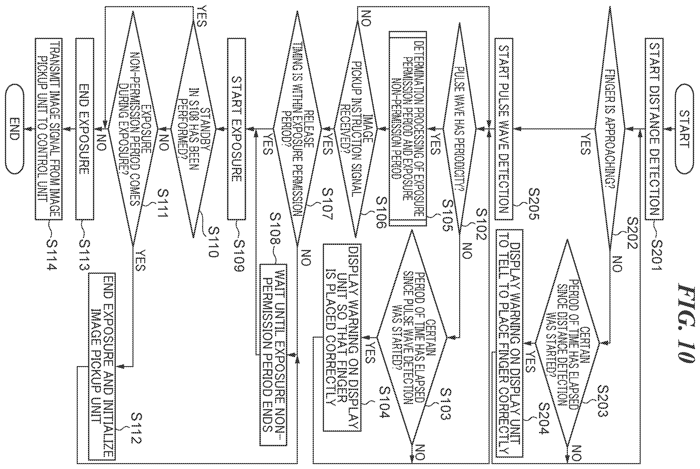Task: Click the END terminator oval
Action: (x=14, y=129)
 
